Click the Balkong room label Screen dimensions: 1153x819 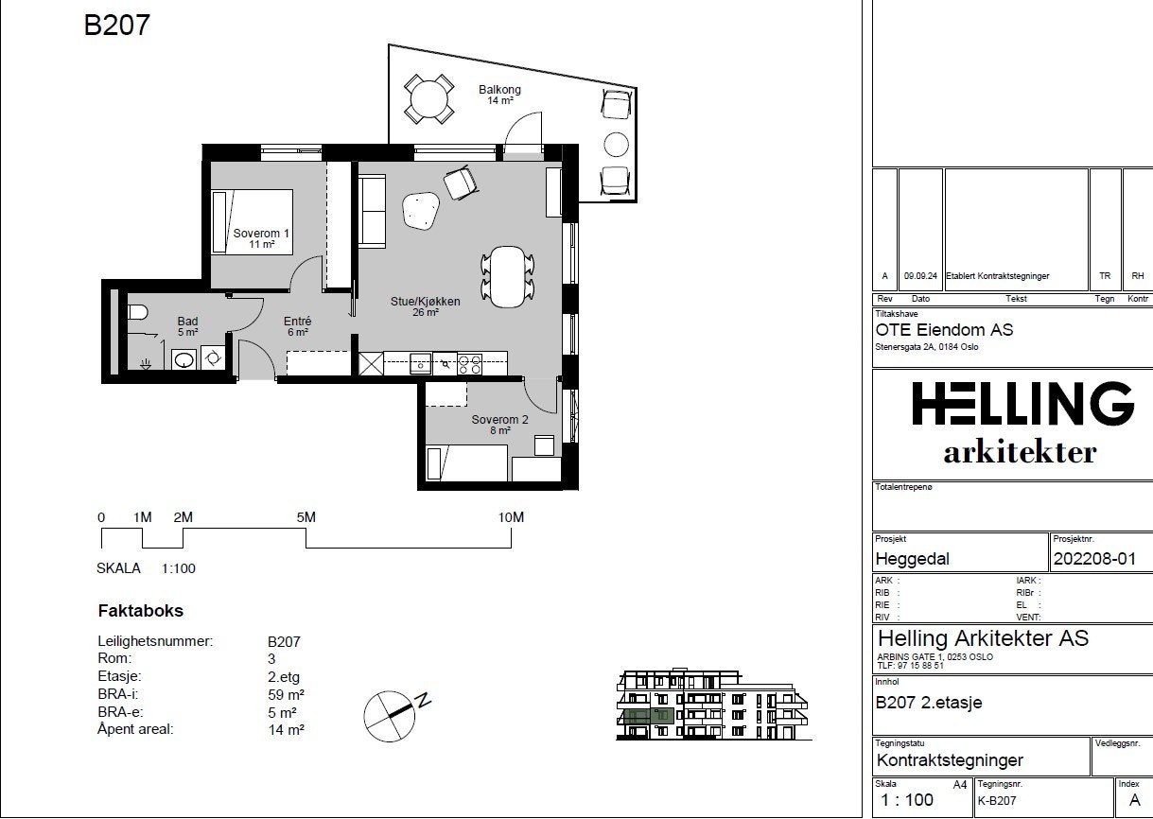(499, 90)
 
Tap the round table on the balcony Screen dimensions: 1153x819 (428, 99)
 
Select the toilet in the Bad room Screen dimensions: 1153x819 (137, 312)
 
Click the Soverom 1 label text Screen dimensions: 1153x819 (261, 234)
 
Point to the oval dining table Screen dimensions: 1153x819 (508, 276)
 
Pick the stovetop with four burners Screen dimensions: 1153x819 (470, 364)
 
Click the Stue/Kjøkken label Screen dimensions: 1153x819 (426, 301)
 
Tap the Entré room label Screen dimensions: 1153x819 (298, 322)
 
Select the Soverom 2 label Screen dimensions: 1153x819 (499, 420)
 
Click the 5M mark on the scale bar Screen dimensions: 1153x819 (306, 517)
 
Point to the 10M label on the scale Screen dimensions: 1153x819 (511, 517)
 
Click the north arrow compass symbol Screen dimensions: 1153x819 (390, 716)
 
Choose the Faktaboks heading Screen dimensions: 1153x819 (141, 611)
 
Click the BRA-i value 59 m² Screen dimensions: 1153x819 (287, 695)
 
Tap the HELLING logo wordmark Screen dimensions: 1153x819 (1022, 403)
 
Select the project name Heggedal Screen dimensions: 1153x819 (912, 559)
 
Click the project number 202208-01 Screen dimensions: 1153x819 (1094, 559)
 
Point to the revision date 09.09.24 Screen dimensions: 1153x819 (920, 276)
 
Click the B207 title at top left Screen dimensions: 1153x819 (117, 26)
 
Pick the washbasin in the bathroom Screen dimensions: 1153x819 (183, 359)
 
